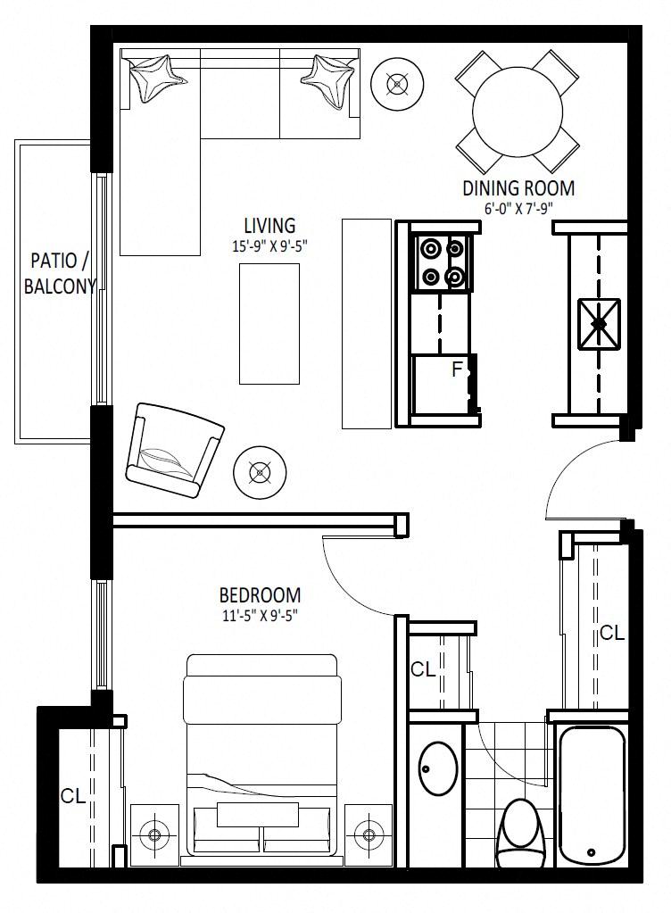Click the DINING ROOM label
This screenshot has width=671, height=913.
[x=518, y=188]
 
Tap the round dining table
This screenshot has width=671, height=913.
[x=518, y=112]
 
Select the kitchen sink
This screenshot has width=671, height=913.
[x=599, y=324]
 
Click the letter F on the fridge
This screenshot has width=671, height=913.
[x=458, y=369]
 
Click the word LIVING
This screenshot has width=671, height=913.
[x=269, y=225]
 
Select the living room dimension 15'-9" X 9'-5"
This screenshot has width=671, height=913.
[x=269, y=246]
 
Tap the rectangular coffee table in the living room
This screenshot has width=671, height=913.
[x=269, y=324]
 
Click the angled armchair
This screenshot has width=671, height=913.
[x=175, y=450]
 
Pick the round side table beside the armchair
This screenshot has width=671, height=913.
[x=259, y=472]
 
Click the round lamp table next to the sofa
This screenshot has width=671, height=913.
[x=397, y=84]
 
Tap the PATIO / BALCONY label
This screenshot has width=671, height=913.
[x=59, y=273]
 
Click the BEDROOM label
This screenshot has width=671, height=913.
[x=260, y=595]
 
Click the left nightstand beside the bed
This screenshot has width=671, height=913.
[x=154, y=835]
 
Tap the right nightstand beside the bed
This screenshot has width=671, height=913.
[x=368, y=835]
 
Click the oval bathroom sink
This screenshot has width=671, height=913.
[x=438, y=768]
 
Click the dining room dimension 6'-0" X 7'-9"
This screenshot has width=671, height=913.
[x=518, y=209]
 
